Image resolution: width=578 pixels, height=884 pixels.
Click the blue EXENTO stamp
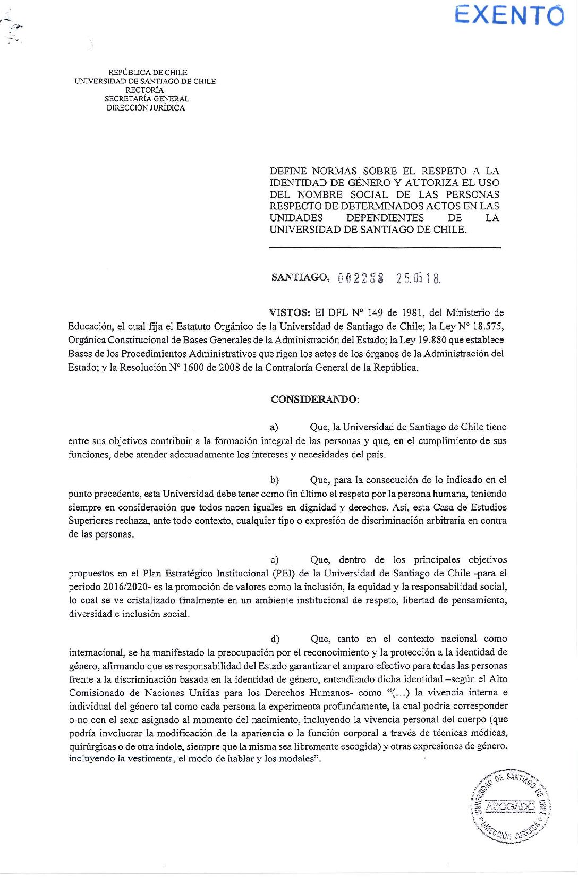(509, 15)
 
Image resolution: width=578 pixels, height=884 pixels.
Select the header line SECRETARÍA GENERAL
(147, 99)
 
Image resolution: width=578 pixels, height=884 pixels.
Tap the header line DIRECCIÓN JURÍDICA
(146, 108)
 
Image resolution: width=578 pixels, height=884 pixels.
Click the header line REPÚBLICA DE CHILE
(148, 72)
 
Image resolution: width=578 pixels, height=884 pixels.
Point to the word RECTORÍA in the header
(144, 90)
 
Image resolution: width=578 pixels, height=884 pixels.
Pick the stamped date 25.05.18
(419, 278)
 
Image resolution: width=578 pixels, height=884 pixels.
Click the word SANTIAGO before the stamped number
(300, 277)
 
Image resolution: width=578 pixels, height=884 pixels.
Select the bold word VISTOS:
(290, 313)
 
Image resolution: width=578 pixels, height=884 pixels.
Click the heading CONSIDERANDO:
(314, 399)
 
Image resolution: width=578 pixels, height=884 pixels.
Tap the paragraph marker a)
(274, 427)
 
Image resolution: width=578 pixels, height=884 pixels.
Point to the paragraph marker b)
(274, 480)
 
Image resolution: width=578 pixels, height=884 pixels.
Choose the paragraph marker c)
(274, 560)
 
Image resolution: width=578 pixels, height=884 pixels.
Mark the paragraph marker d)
(275, 639)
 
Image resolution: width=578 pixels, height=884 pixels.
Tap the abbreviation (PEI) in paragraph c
(284, 573)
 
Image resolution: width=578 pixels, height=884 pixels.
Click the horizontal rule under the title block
(385, 248)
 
